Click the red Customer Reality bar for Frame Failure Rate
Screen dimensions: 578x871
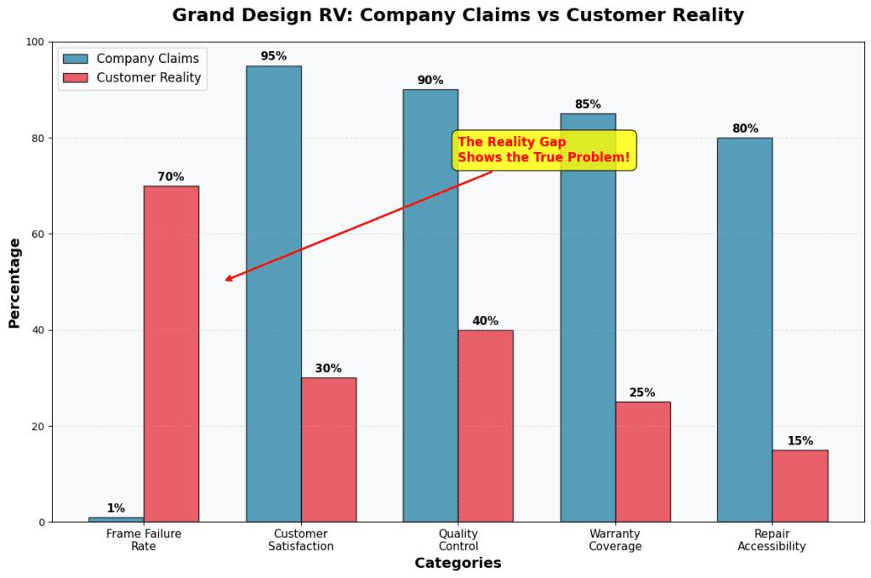coord(171,354)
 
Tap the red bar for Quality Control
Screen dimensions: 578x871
coord(485,425)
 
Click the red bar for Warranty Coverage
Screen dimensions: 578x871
coord(642,462)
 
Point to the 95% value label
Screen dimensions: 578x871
coord(273,56)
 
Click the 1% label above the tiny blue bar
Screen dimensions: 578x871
coord(116,508)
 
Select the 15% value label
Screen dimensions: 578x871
coord(800,441)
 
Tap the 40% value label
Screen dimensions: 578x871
coord(485,321)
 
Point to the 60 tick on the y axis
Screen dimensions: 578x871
coord(37,234)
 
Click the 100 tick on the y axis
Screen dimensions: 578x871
coord(34,42)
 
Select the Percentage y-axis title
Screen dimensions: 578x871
coord(14,282)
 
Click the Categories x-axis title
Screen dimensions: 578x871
coord(458,563)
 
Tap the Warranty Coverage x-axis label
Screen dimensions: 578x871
coord(615,540)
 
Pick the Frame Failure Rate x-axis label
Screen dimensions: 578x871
coord(144,540)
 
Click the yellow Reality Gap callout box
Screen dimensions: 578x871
coord(544,150)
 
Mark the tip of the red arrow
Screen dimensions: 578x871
coord(225,280)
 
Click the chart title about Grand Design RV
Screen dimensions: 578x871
coord(458,15)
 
